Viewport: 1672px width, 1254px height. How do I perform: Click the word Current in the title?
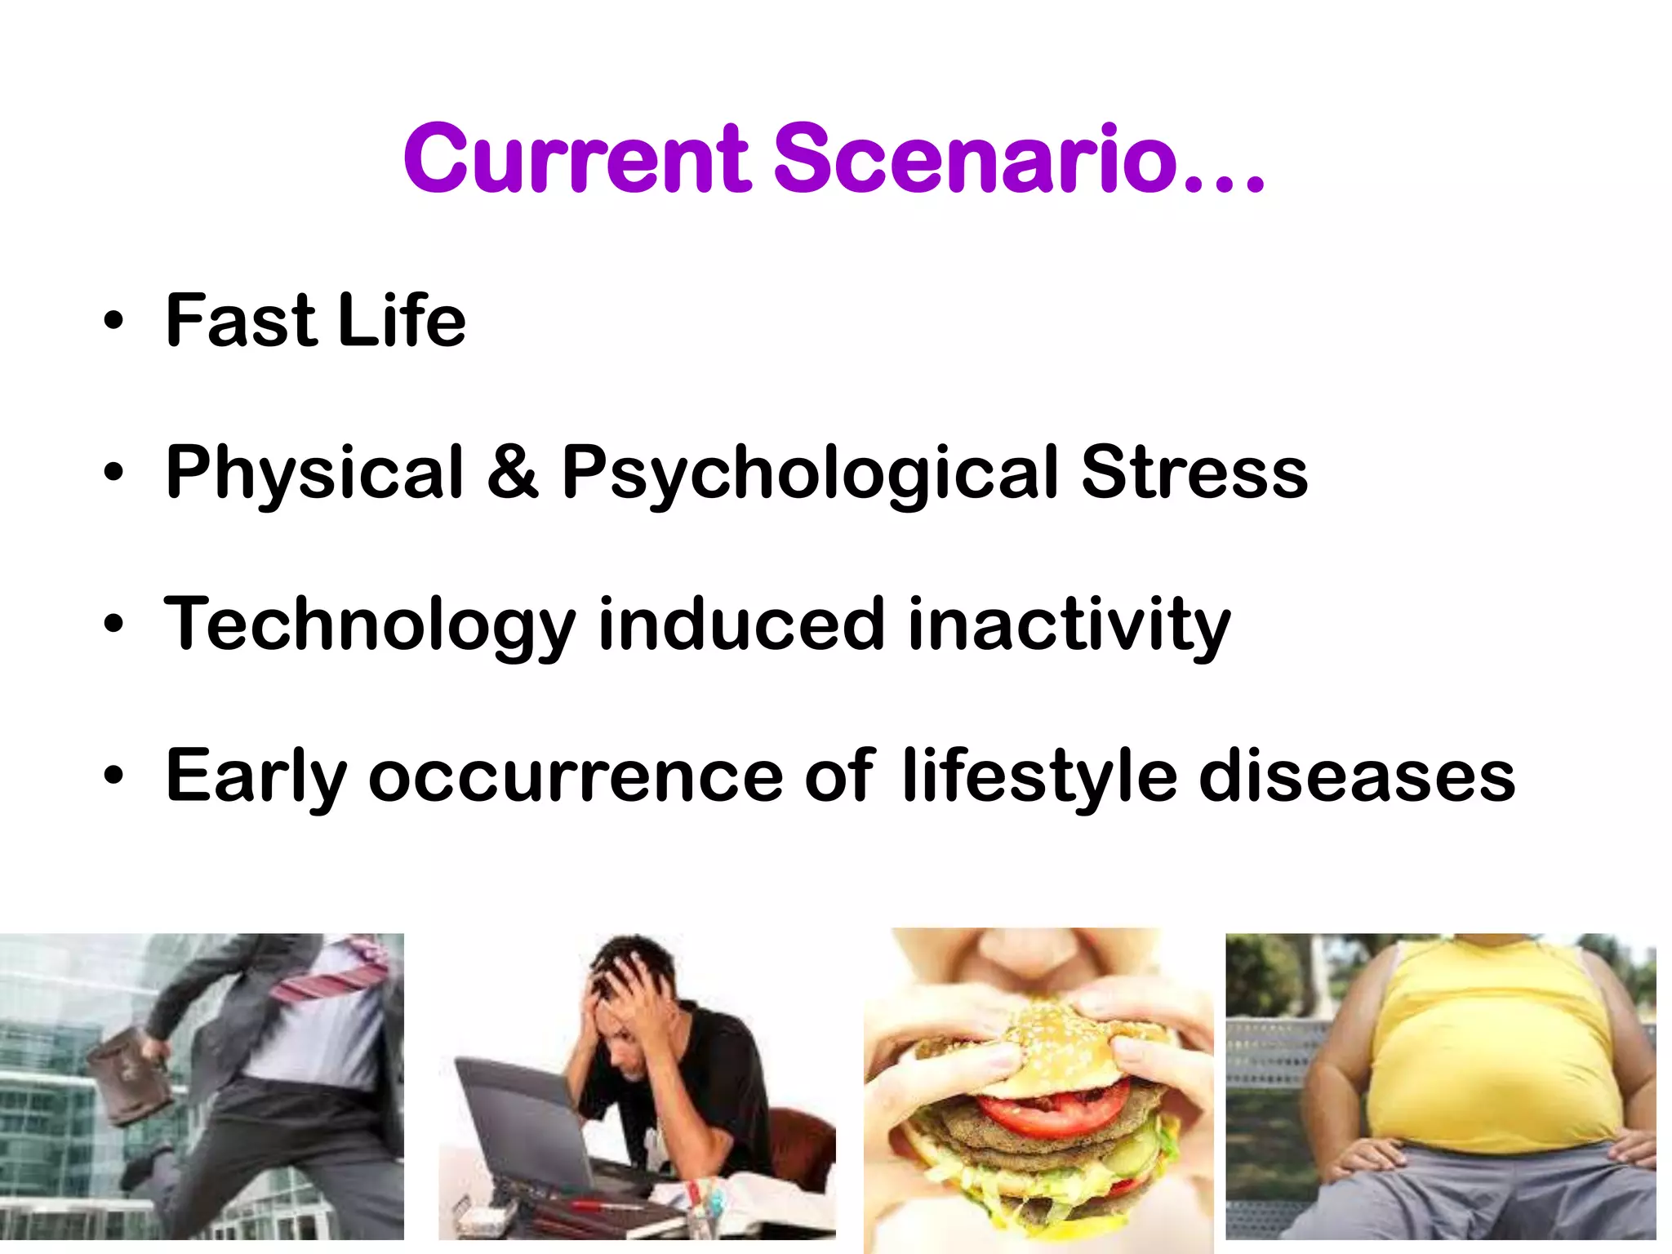576,159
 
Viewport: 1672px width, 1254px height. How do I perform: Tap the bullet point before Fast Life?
113,321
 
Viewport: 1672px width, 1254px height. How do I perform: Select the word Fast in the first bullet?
240,321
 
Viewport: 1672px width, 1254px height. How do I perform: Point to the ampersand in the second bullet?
512,472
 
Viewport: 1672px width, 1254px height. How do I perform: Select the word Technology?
370,625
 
